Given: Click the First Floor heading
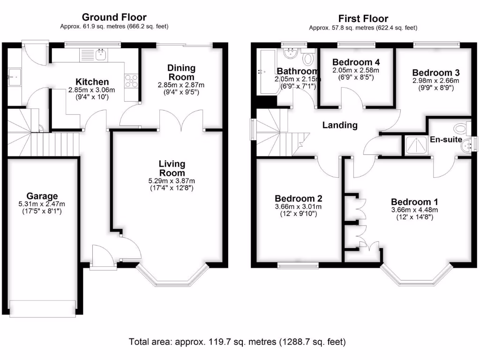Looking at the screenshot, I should pos(363,19).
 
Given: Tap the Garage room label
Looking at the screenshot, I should pos(42,196).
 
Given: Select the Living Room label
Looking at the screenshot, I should pos(172,168).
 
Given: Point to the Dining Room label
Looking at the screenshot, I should pos(181,73).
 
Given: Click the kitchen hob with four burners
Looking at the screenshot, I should pos(131,81).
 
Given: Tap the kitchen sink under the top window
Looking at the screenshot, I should pos(100,54).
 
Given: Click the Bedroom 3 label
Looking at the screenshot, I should pos(435,73).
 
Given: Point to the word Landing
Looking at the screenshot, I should pos(340,125).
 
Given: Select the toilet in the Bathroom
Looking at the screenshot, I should pos(308,59).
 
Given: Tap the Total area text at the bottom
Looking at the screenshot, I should pos(237,342).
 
